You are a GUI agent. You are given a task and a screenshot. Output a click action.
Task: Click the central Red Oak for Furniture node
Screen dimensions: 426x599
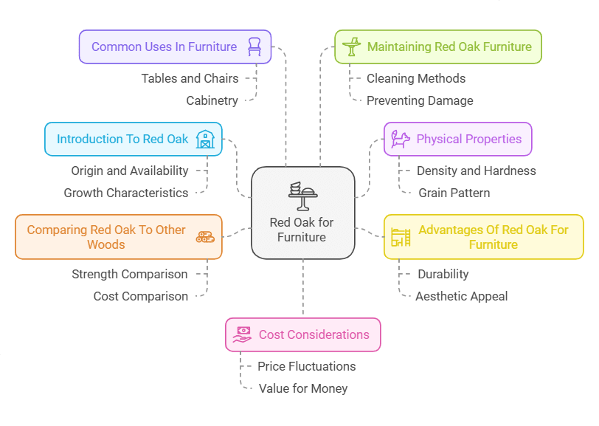coord(302,213)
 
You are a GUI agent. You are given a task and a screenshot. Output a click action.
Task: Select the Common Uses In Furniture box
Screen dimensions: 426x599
coord(175,47)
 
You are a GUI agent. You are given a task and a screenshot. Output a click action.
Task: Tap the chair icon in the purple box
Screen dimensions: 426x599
coord(255,47)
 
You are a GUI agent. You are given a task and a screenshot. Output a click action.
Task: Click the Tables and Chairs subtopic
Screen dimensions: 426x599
coord(190,78)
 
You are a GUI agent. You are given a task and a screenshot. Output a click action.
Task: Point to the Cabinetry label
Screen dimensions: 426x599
coord(212,100)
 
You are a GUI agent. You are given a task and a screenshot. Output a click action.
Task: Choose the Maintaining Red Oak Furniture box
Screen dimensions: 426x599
coord(438,47)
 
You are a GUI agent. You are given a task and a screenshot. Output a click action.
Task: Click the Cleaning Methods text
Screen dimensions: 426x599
coord(416,78)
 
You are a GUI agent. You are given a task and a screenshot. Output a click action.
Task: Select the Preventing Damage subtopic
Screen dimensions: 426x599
coord(420,100)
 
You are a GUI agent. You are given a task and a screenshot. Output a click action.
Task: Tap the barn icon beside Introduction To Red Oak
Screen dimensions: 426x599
coord(204,139)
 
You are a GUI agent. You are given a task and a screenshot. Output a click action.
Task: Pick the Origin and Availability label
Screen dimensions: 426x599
coord(130,171)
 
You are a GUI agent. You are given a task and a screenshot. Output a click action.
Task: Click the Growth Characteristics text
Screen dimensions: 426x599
coord(126,193)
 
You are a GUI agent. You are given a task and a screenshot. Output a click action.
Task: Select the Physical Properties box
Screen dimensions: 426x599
coord(458,139)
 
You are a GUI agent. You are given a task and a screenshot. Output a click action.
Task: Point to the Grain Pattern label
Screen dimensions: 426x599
coord(454,193)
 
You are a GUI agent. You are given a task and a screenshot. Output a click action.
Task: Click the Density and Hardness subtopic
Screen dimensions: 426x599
coord(477,171)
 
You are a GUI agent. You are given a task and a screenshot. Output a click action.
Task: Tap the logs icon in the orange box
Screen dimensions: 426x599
coord(204,237)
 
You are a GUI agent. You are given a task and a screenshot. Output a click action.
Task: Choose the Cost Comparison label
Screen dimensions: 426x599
coord(141,296)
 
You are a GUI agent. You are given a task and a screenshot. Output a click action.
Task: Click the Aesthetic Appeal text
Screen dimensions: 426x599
coord(462,296)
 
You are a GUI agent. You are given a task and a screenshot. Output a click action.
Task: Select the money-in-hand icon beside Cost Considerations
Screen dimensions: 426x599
coord(242,334)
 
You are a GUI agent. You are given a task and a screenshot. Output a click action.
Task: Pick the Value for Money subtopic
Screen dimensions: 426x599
coord(303,388)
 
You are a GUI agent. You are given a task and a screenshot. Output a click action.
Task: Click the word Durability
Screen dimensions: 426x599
coord(443,274)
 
